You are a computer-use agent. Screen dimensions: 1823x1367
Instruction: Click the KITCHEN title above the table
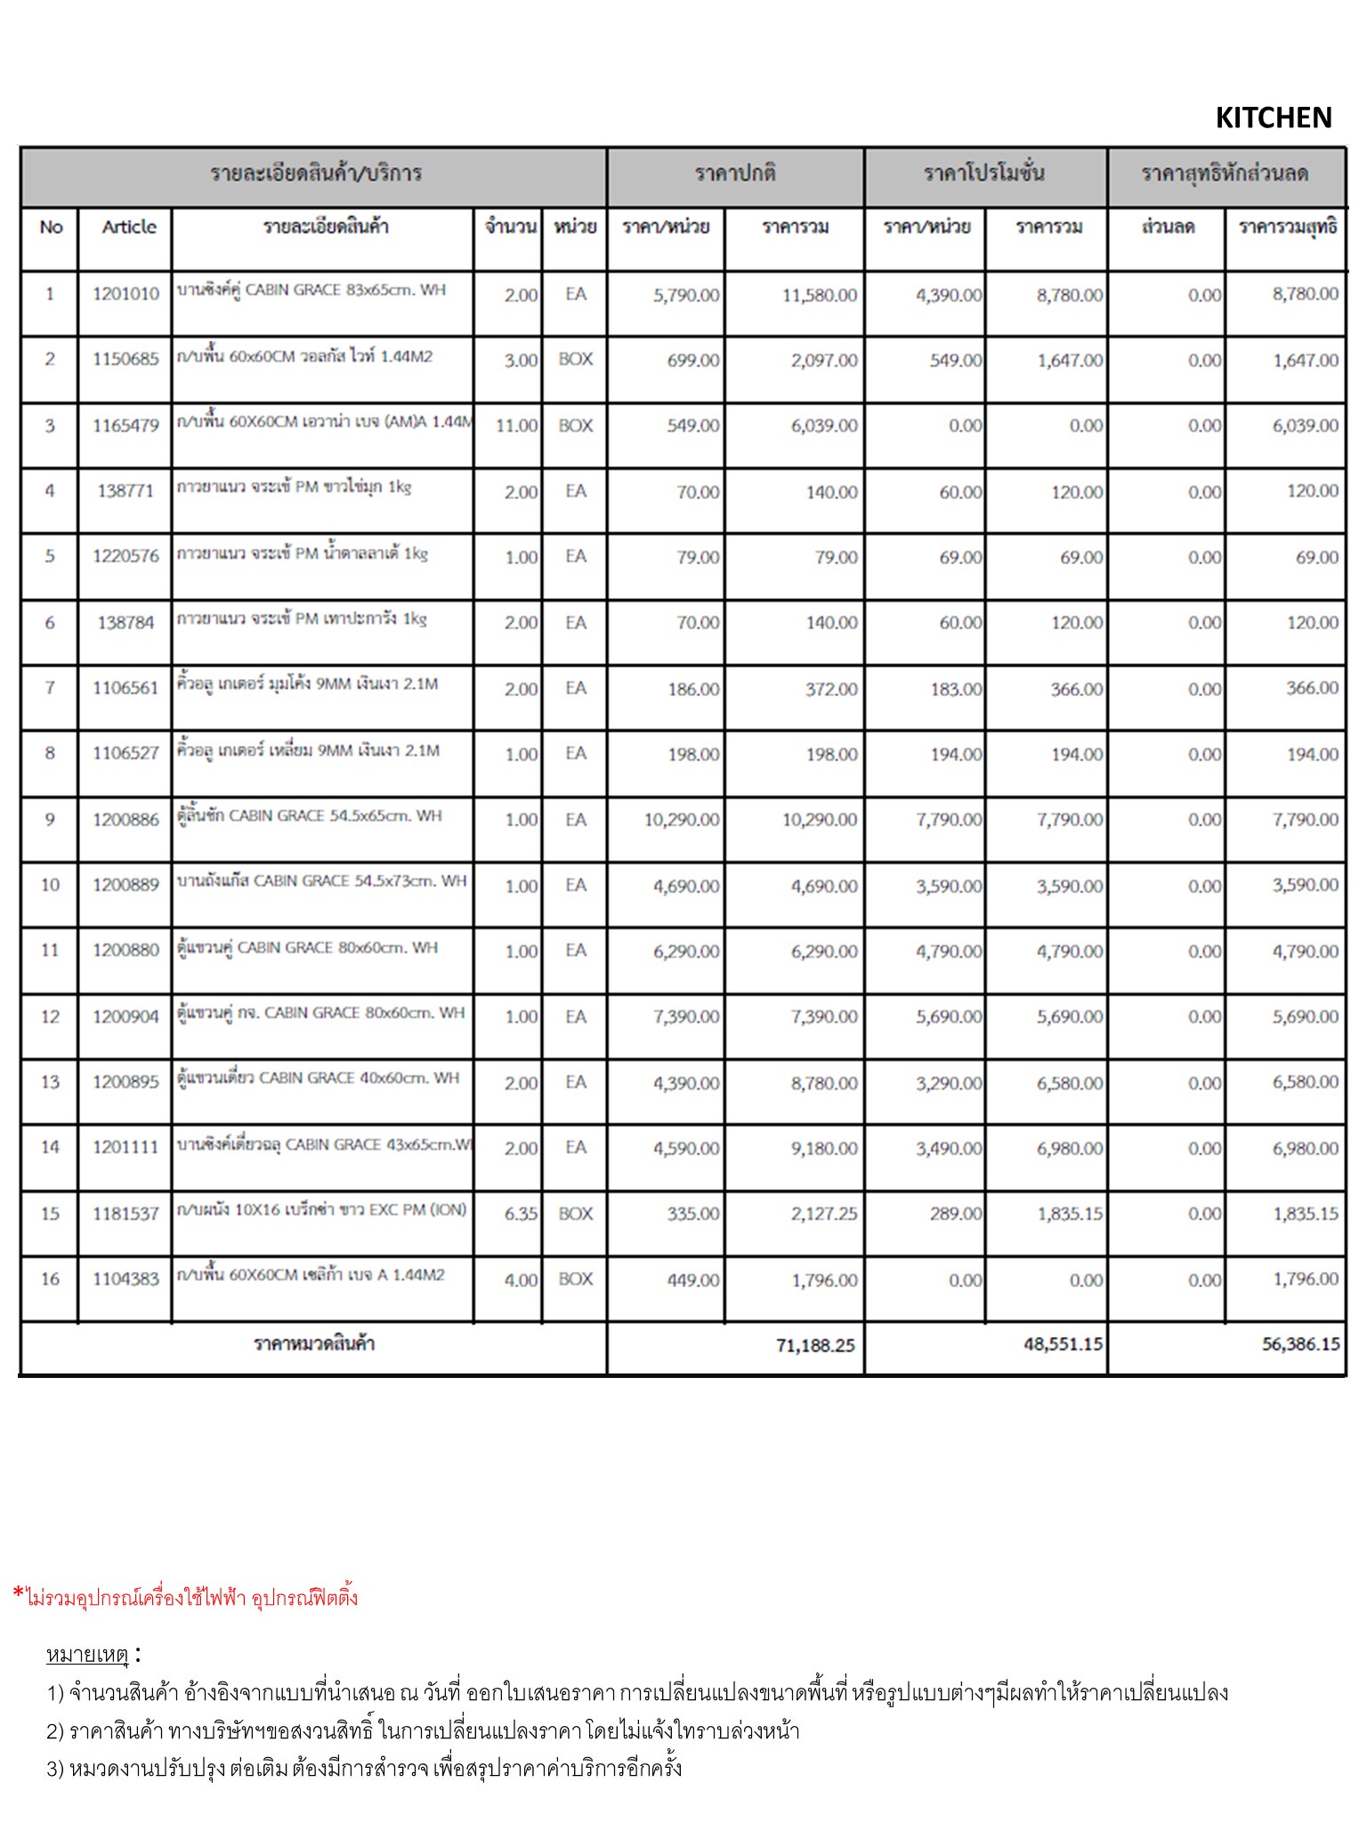[1273, 117]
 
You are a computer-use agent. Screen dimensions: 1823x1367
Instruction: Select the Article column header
[129, 227]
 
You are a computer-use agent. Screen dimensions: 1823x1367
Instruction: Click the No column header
[51, 227]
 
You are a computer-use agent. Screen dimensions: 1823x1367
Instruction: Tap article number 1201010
[125, 294]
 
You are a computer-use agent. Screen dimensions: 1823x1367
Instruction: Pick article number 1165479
[125, 425]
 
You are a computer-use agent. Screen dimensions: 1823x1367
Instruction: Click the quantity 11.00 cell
[516, 425]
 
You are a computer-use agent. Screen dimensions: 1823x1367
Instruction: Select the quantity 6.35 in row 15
[521, 1214]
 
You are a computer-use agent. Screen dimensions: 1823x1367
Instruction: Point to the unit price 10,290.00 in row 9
[682, 820]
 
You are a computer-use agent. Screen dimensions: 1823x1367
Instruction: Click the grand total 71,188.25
[814, 1345]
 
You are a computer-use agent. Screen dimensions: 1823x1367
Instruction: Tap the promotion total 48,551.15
[1063, 1344]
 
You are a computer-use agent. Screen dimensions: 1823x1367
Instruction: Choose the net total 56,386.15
[1300, 1344]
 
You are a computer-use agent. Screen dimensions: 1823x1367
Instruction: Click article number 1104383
[125, 1279]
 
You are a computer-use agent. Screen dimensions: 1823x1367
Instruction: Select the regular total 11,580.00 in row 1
[820, 296]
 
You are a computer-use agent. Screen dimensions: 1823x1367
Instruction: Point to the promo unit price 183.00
[956, 689]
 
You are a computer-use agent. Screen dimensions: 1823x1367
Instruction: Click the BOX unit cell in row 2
[575, 360]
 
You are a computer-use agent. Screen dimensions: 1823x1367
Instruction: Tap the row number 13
[50, 1082]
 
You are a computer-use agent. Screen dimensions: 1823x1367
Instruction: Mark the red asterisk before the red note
[19, 1594]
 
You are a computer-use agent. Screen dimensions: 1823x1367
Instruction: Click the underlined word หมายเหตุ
[87, 1655]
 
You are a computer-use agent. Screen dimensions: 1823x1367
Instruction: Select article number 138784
[125, 623]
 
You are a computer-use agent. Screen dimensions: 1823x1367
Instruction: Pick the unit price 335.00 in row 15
[693, 1214]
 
